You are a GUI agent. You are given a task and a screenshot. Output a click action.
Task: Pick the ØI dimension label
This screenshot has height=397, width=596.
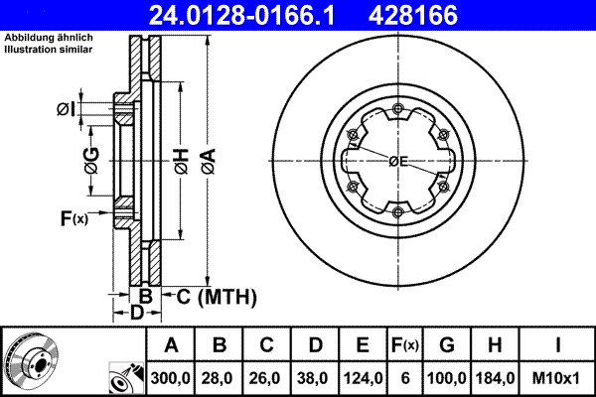pyautogui.click(x=66, y=108)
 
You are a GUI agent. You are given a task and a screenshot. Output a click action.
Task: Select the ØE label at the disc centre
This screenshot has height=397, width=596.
pyautogui.click(x=398, y=161)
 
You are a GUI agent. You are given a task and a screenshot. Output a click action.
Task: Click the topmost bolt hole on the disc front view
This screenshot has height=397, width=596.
pyautogui.click(x=396, y=108)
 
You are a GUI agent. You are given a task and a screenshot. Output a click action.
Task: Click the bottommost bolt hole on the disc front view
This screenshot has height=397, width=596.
pyautogui.click(x=396, y=211)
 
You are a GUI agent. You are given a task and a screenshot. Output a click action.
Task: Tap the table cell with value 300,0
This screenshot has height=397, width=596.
pyautogui.click(x=171, y=378)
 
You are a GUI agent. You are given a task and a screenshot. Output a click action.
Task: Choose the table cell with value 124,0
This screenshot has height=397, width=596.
pyautogui.click(x=363, y=378)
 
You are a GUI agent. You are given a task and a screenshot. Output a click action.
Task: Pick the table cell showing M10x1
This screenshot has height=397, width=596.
pyautogui.click(x=559, y=378)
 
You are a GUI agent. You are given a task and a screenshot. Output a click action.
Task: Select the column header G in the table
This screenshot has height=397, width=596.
pyautogui.click(x=447, y=345)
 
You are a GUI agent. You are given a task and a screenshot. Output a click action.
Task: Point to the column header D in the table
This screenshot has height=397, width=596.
pyautogui.click(x=314, y=345)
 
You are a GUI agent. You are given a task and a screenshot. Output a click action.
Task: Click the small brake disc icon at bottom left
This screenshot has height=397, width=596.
pyautogui.click(x=30, y=360)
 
